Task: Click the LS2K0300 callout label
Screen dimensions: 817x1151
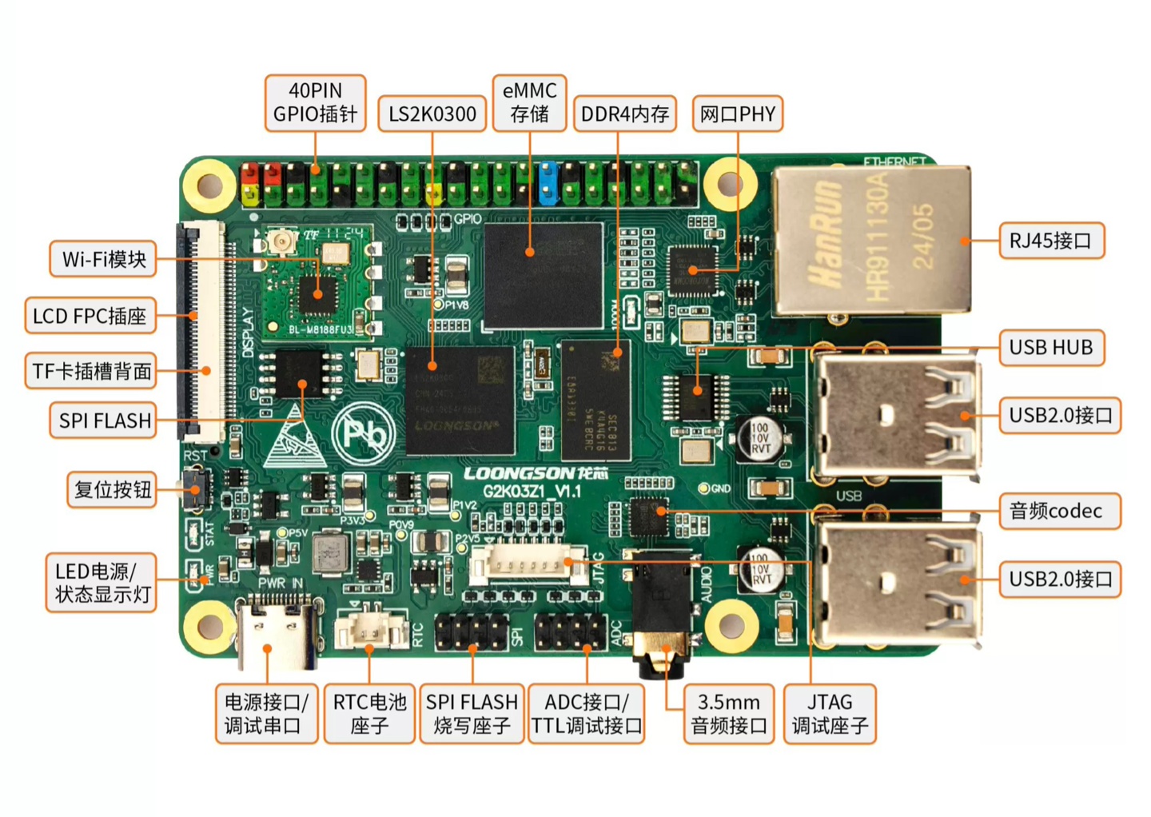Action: tap(432, 114)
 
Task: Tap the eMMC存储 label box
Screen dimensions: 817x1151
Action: tap(529, 102)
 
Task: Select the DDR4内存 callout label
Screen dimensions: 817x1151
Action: tap(625, 114)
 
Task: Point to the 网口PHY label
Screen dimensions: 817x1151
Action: tap(737, 114)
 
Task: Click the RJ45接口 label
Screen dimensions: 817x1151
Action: tap(1051, 241)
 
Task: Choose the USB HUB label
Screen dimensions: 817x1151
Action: tap(1051, 348)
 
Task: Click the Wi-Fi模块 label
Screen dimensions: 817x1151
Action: tap(104, 259)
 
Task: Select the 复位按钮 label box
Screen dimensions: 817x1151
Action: tap(112, 489)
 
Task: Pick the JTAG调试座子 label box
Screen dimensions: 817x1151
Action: tap(829, 714)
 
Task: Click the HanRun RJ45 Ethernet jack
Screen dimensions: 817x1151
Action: tap(871, 240)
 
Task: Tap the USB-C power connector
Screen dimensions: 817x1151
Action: tap(277, 636)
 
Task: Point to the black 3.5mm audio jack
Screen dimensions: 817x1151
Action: tap(662, 608)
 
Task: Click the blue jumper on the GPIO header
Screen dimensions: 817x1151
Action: tap(548, 183)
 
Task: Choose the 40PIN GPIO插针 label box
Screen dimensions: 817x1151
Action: tap(316, 102)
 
